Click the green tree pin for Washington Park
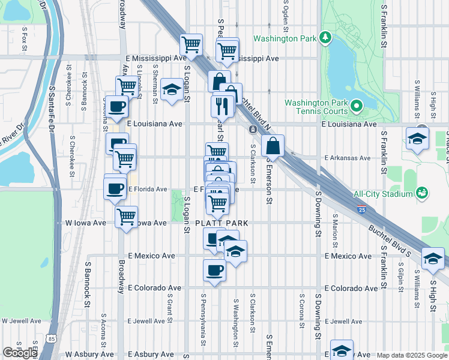[x=325, y=38]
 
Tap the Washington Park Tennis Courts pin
[x=356, y=107]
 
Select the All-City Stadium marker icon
[x=422, y=193]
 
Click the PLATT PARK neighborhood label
[x=221, y=223]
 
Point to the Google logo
[x=20, y=353]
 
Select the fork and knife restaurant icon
[x=222, y=106]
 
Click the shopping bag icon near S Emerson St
[x=273, y=146]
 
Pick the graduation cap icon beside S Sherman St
[x=172, y=90]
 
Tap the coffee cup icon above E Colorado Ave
[x=214, y=270]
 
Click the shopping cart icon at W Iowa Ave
[x=126, y=217]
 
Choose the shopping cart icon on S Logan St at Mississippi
[x=191, y=44]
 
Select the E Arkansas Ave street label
[x=347, y=158]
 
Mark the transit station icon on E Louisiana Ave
[x=253, y=129]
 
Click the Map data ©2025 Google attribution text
[x=411, y=355]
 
